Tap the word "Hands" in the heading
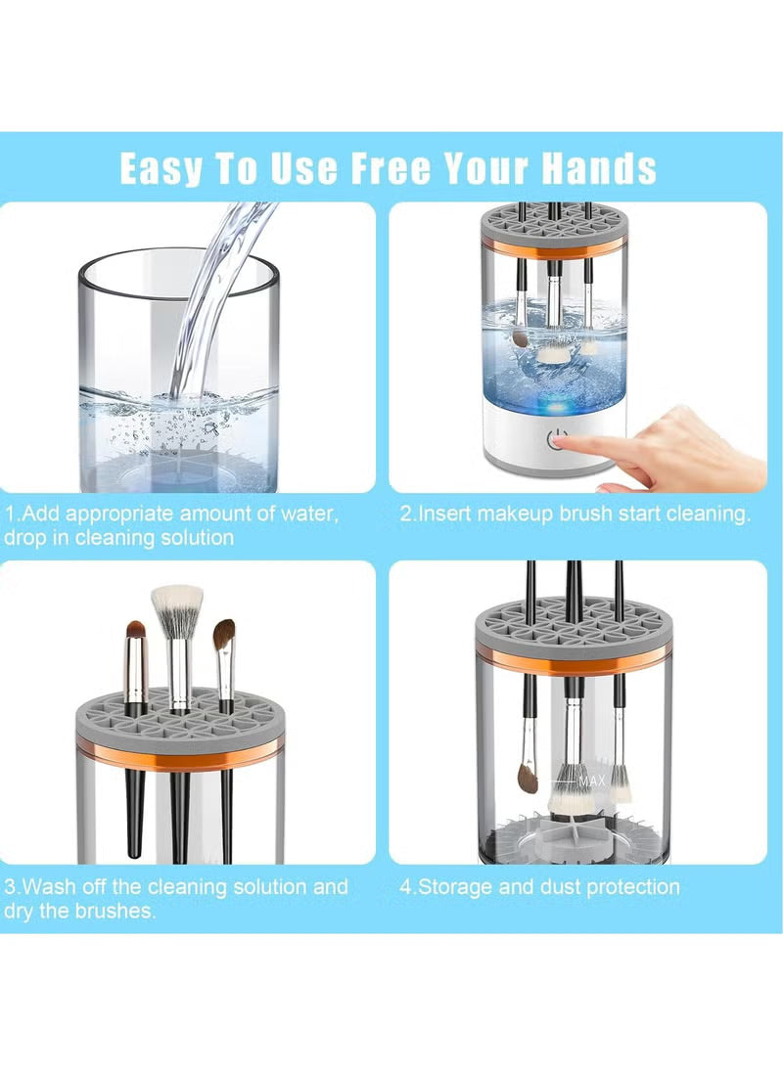tap(599, 168)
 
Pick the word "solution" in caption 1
tap(195, 538)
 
